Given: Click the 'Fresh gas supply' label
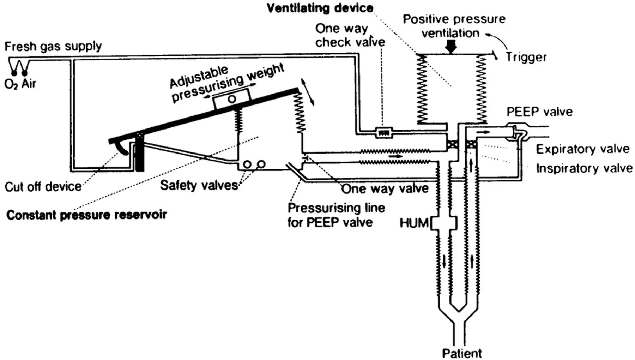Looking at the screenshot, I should click(x=53, y=46).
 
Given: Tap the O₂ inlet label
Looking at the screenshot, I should click(x=11, y=84).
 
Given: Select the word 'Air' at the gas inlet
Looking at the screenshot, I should click(x=29, y=84).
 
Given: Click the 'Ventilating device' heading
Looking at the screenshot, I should click(x=320, y=8).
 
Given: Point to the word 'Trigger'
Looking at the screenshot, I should click(x=526, y=57).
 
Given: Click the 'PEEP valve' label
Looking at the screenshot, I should click(x=539, y=112).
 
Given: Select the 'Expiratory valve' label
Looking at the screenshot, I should click(x=582, y=149).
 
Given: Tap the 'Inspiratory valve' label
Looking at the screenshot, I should click(x=584, y=168).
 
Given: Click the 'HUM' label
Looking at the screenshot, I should click(x=413, y=223).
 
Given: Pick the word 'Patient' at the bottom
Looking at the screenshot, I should click(x=462, y=353).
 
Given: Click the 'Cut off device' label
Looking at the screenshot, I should click(x=43, y=186).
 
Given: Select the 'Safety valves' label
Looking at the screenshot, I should click(x=199, y=185).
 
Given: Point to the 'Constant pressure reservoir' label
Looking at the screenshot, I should click(x=86, y=215).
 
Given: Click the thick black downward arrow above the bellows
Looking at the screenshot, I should click(x=451, y=46).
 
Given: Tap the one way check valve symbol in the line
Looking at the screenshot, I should click(x=383, y=133).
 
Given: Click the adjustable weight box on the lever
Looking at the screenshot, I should click(x=231, y=98).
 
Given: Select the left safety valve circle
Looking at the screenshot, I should click(x=247, y=164).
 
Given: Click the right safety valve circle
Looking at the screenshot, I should click(x=261, y=164).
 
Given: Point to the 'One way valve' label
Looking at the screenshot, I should click(x=385, y=188).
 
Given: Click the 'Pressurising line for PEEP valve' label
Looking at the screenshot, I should click(x=336, y=215).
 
